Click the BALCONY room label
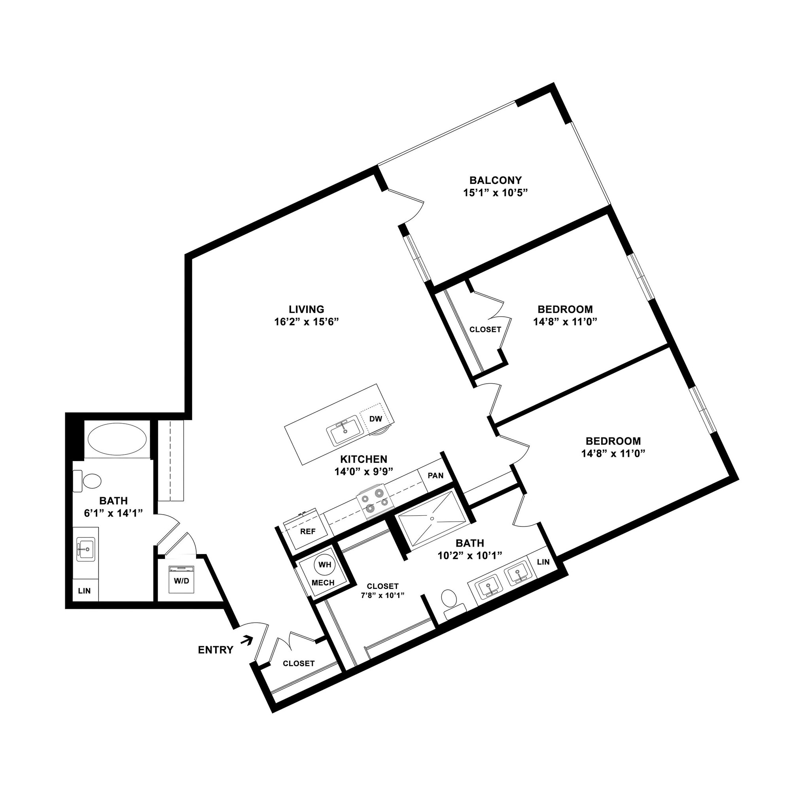point(496,180)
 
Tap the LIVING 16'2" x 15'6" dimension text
point(307,322)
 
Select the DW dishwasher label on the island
point(375,418)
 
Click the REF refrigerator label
point(308,531)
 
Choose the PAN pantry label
point(435,475)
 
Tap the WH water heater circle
point(324,564)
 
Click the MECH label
point(323,583)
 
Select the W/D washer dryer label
point(181,581)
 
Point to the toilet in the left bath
point(88,481)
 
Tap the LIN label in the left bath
point(84,591)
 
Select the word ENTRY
point(216,650)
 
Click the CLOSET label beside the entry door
point(299,663)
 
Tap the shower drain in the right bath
point(432,518)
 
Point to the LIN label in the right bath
point(543,562)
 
